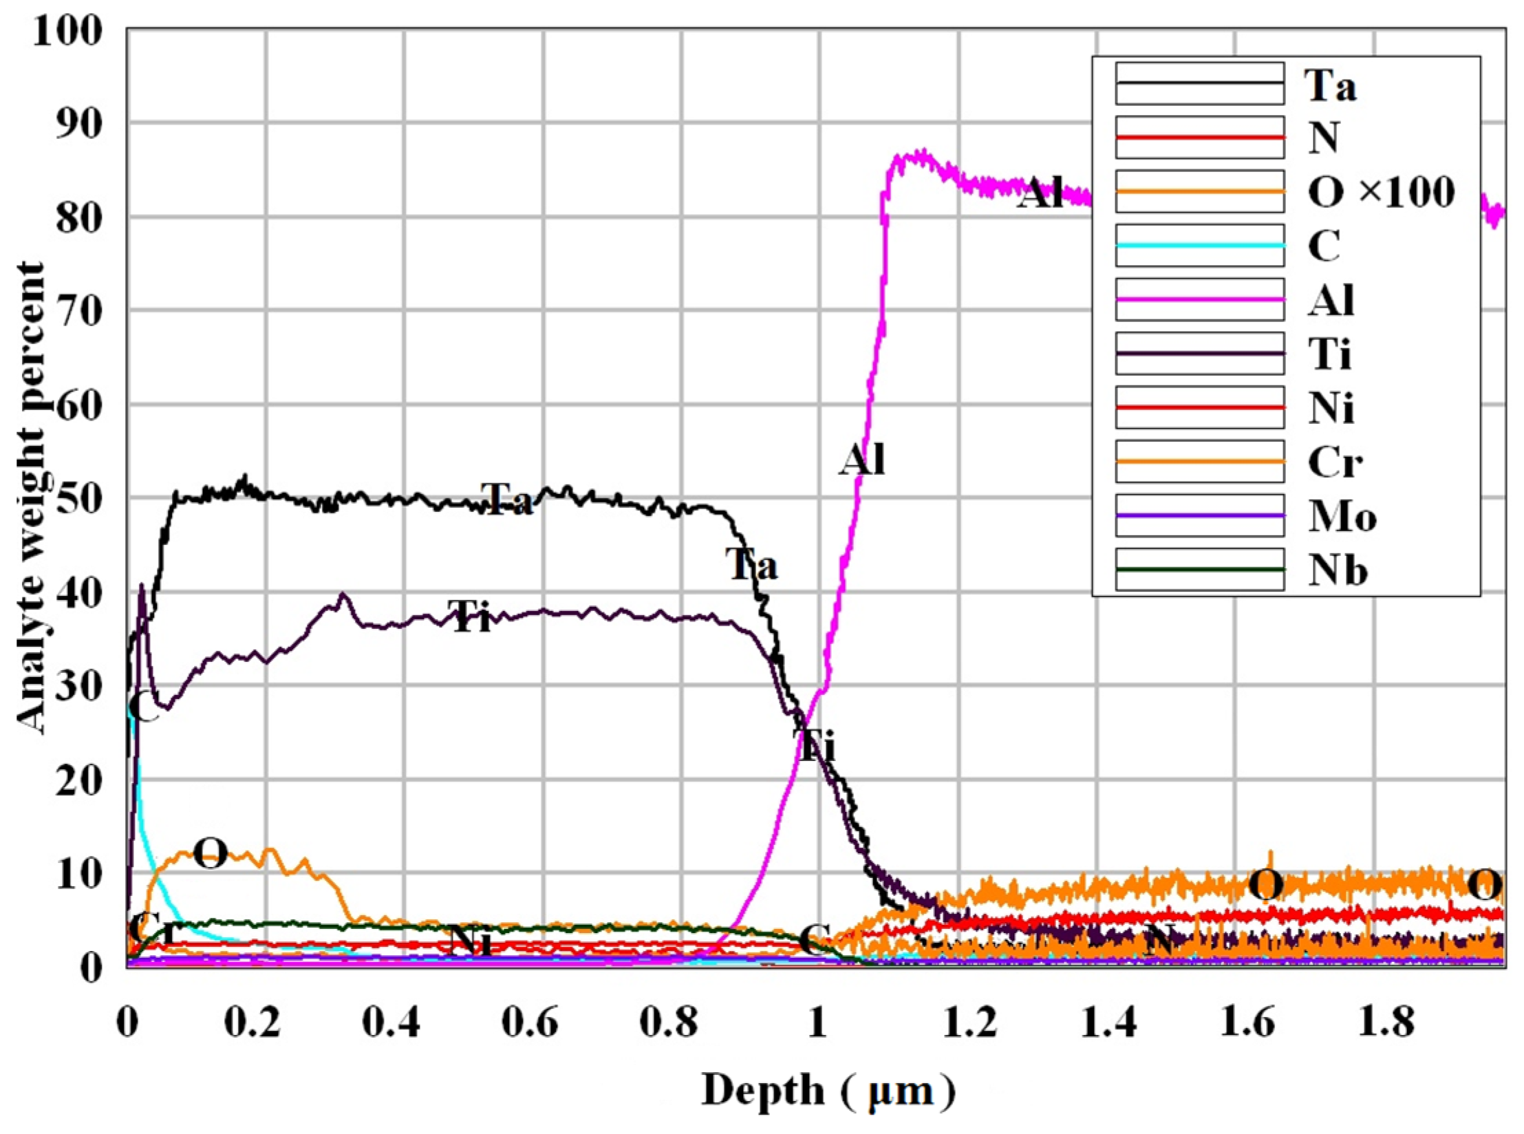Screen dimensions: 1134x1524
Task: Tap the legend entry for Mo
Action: [1342, 515]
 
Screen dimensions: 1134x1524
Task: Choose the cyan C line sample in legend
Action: [1199, 246]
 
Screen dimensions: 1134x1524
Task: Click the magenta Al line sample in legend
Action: [1199, 299]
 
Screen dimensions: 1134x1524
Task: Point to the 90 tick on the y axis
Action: [78, 124]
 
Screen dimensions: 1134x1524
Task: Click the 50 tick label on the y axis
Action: [78, 498]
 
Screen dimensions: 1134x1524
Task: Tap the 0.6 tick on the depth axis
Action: [529, 1023]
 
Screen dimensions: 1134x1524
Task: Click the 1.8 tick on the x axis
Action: [1386, 1023]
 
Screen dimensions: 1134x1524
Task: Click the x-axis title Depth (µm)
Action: [828, 1091]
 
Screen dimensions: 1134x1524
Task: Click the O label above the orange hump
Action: [210, 853]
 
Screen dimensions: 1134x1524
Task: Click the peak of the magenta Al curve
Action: [922, 153]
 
